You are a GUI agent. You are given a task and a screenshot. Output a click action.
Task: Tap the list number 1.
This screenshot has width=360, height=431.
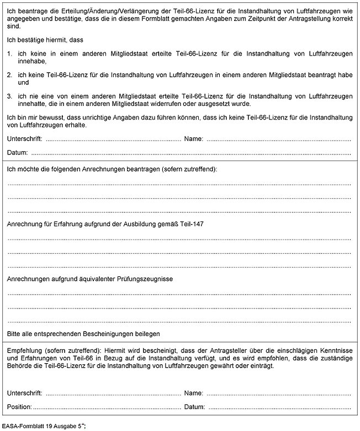9,54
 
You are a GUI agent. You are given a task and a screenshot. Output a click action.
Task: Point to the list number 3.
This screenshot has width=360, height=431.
9,95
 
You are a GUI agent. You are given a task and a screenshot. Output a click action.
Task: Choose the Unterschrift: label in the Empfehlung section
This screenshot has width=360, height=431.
25,393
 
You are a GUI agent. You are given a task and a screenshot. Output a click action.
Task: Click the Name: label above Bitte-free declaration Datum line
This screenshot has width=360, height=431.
194,139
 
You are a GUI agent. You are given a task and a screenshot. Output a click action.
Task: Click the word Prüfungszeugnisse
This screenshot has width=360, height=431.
143,279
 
